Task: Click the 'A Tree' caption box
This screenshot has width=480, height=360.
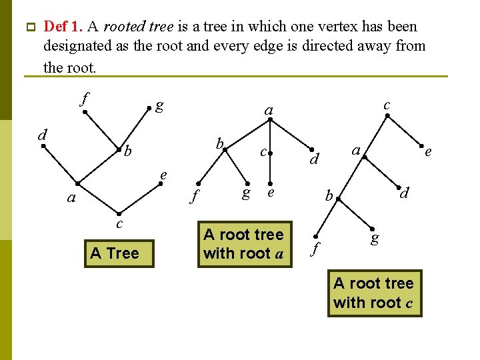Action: tap(114, 253)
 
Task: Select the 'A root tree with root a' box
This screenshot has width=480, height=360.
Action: tap(244, 244)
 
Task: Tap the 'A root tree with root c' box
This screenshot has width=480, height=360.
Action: tap(373, 293)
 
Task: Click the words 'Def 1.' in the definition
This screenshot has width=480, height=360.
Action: tap(63, 27)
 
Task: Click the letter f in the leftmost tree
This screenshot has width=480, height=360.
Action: tap(83, 100)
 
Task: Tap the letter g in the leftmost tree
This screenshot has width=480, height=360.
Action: tap(159, 105)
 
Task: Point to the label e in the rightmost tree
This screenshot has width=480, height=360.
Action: tap(428, 152)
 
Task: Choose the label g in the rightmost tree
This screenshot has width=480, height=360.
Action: tap(375, 237)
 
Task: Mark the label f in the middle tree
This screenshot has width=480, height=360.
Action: tap(193, 196)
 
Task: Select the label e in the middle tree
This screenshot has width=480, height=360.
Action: tap(271, 193)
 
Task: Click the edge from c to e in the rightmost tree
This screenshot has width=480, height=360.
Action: tap(404, 131)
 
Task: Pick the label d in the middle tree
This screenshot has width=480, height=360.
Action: tap(317, 160)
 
